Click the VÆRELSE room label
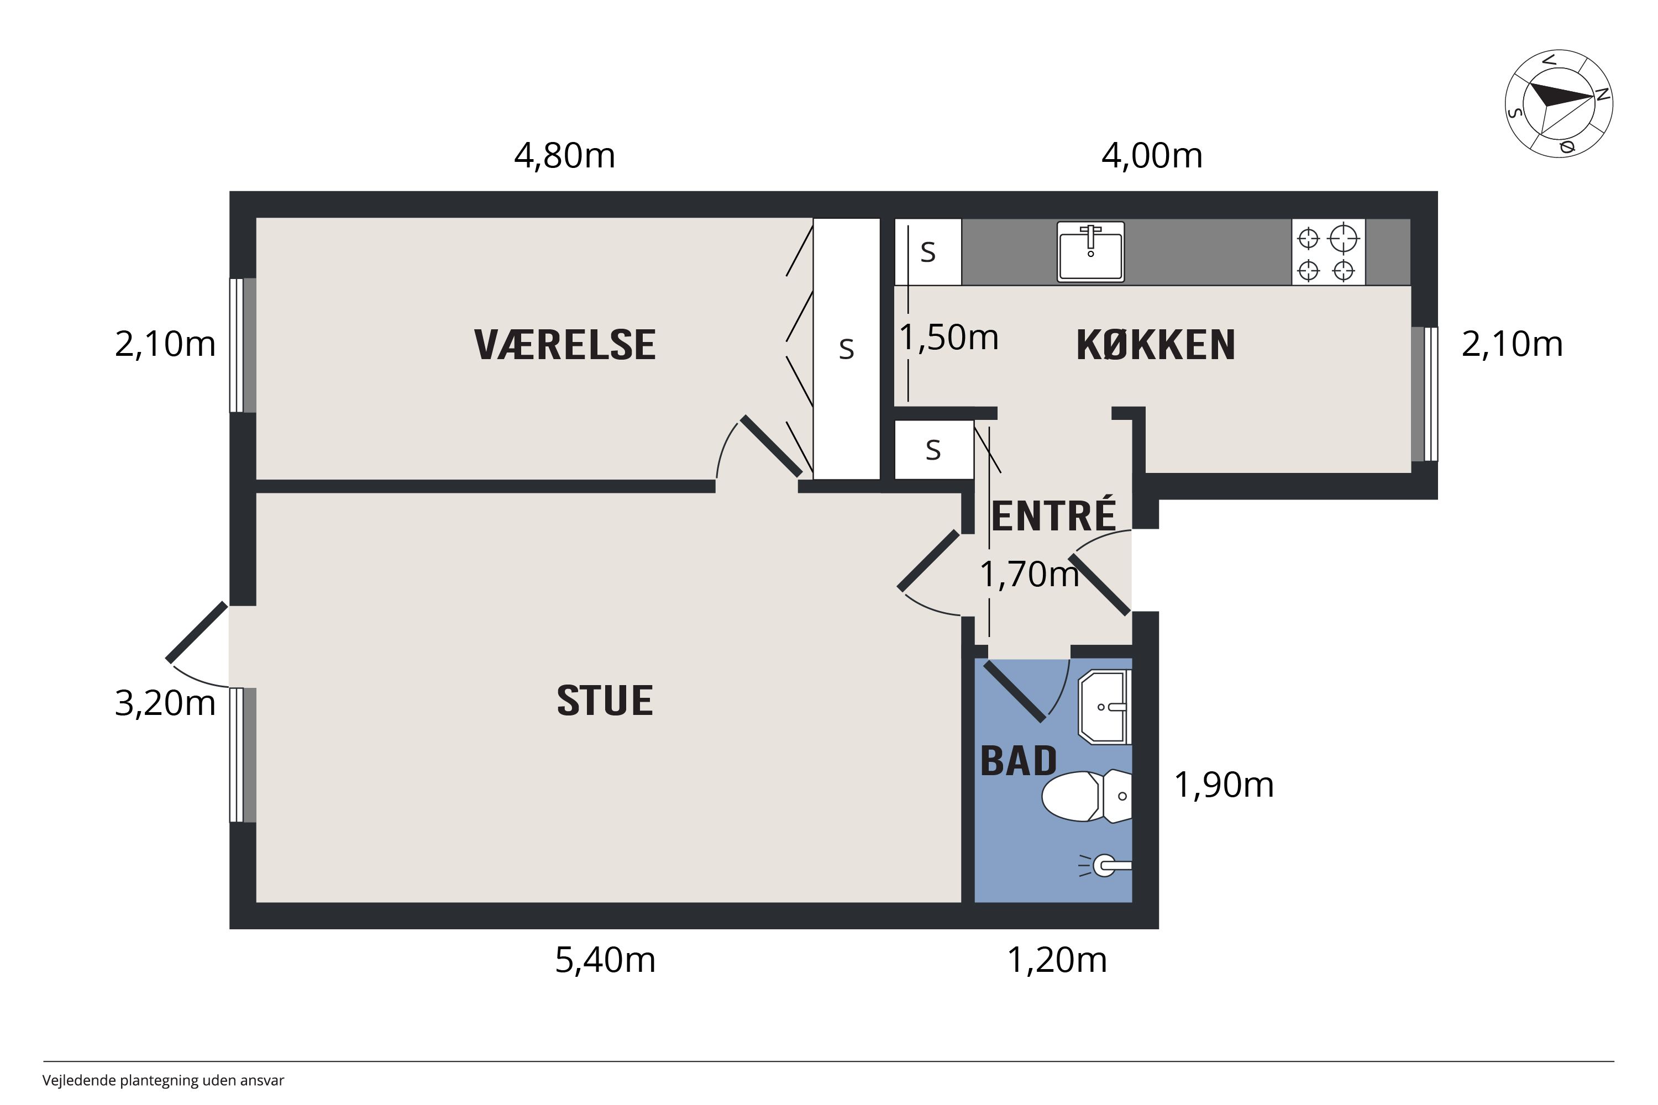[565, 345]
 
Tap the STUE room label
[605, 701]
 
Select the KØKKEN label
[1156, 345]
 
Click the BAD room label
[1019, 761]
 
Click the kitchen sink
[1090, 251]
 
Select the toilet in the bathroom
[1087, 796]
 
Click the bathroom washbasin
[1105, 707]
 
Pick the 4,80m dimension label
[565, 156]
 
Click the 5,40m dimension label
[605, 960]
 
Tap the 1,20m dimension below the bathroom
[1057, 960]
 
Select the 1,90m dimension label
[1224, 785]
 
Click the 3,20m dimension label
[165, 703]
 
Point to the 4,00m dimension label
[1152, 156]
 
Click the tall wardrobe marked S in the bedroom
[847, 349]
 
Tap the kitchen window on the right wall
[1425, 394]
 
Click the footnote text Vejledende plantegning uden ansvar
[163, 1080]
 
